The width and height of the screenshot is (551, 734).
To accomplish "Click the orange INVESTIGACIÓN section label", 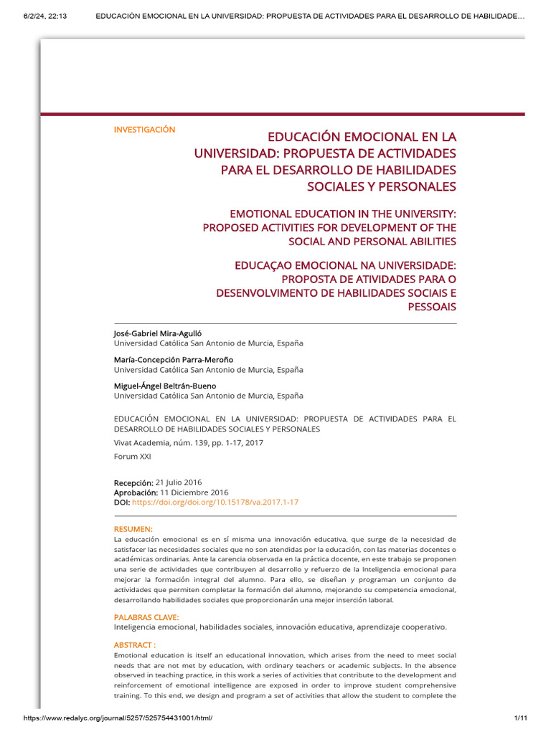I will click(x=144, y=129).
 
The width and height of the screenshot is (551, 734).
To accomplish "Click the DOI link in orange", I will click(x=215, y=502).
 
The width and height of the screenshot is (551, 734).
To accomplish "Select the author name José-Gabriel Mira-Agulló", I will click(x=162, y=334).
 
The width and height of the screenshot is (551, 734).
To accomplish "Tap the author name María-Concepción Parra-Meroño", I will click(x=174, y=360).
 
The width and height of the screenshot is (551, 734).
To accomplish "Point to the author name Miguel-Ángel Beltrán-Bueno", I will click(x=165, y=386).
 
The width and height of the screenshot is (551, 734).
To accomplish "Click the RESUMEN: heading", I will click(x=133, y=529).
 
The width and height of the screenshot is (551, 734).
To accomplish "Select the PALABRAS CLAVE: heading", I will click(x=146, y=617).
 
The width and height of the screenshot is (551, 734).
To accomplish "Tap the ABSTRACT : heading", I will click(x=135, y=644).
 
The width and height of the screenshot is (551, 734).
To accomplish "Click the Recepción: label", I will click(x=133, y=482).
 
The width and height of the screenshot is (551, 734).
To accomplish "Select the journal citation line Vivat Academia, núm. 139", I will click(x=189, y=443).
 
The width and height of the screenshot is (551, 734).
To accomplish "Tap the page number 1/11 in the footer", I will click(x=521, y=718).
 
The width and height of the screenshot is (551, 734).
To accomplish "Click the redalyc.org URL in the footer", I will click(x=118, y=718).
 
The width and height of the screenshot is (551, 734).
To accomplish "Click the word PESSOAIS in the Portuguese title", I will click(x=430, y=307).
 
